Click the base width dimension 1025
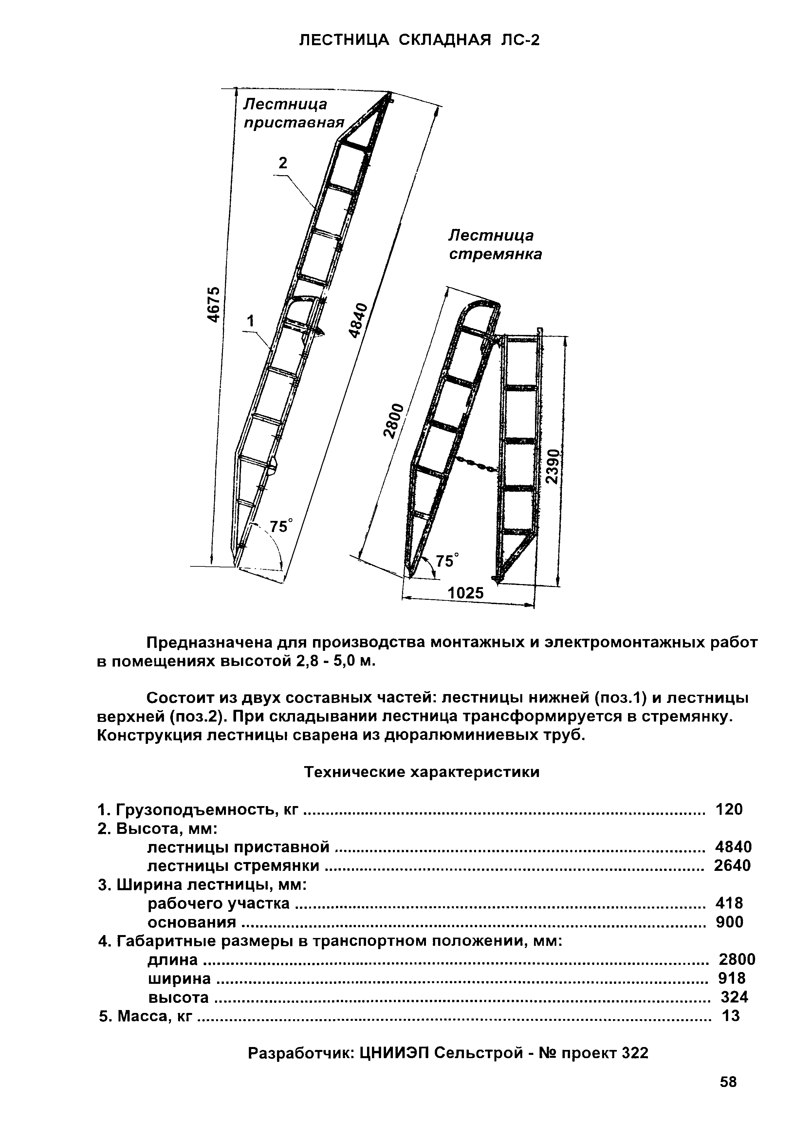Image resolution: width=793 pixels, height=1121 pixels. point(466,593)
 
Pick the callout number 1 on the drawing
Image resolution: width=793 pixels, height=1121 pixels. point(251,321)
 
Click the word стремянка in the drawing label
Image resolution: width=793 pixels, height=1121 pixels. point(495,255)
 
